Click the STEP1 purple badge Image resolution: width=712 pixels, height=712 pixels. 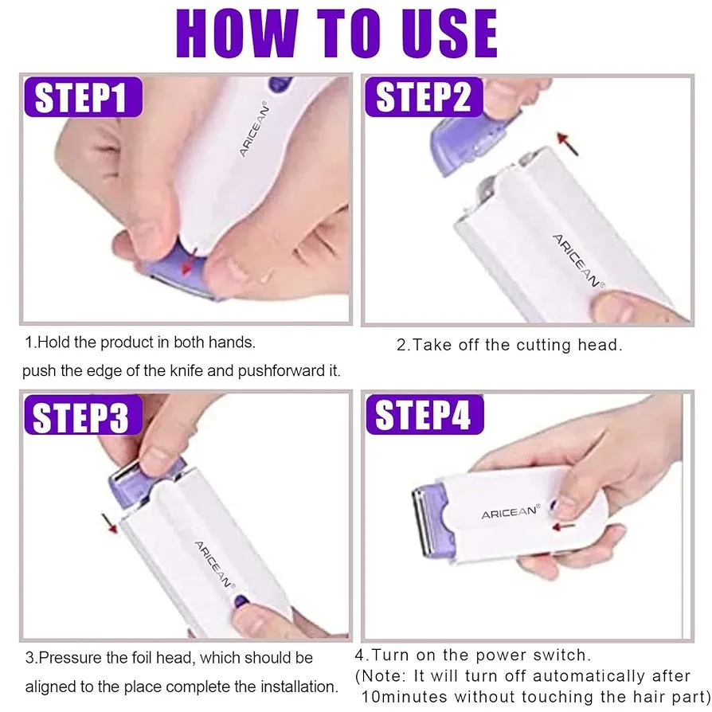(x=83, y=96)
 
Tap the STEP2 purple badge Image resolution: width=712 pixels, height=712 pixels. (x=424, y=96)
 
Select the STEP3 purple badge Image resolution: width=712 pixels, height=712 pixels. (x=83, y=415)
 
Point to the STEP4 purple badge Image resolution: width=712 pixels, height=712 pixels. (x=424, y=415)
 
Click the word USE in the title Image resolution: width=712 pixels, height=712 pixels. (x=449, y=34)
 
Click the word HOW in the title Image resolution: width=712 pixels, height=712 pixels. (x=237, y=34)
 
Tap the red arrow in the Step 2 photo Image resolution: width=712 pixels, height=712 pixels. (x=568, y=143)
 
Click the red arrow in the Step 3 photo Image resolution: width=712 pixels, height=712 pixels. (x=110, y=523)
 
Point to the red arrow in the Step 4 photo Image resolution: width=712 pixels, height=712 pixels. (x=564, y=526)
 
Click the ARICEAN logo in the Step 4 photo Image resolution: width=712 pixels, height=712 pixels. (x=511, y=512)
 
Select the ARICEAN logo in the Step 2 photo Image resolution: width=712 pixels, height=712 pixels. (x=578, y=261)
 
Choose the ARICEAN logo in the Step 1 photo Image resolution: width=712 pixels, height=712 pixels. (x=254, y=128)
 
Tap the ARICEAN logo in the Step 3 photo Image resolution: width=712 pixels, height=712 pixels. (x=215, y=565)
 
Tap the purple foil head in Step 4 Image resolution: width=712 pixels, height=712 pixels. (x=432, y=521)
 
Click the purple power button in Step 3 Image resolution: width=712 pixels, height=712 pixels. (x=241, y=601)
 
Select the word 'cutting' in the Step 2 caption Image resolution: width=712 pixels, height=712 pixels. (x=543, y=346)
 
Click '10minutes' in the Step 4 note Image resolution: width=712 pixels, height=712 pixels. (x=404, y=697)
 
